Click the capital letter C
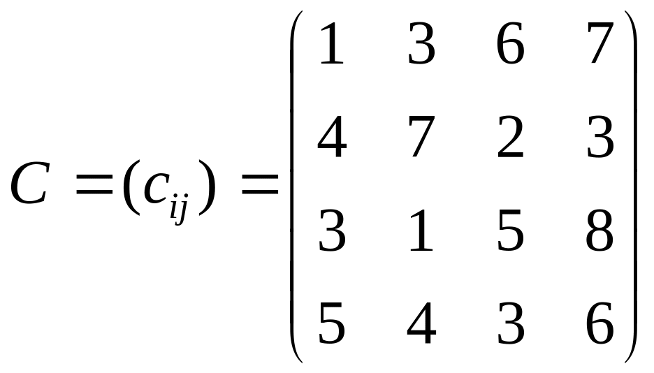click(29, 184)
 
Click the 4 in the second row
click(331, 137)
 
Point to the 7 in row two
click(421, 138)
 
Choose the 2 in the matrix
click(510, 137)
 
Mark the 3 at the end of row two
click(600, 138)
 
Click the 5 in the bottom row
click(331, 323)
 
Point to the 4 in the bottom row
click(421, 323)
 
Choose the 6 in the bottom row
click(600, 323)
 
